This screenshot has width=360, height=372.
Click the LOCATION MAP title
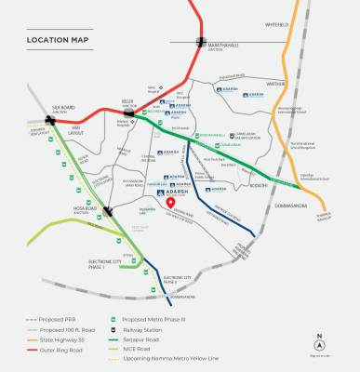tap(58, 40)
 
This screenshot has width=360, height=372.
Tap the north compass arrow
tap(319, 340)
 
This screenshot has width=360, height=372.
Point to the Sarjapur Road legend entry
tap(140, 339)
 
